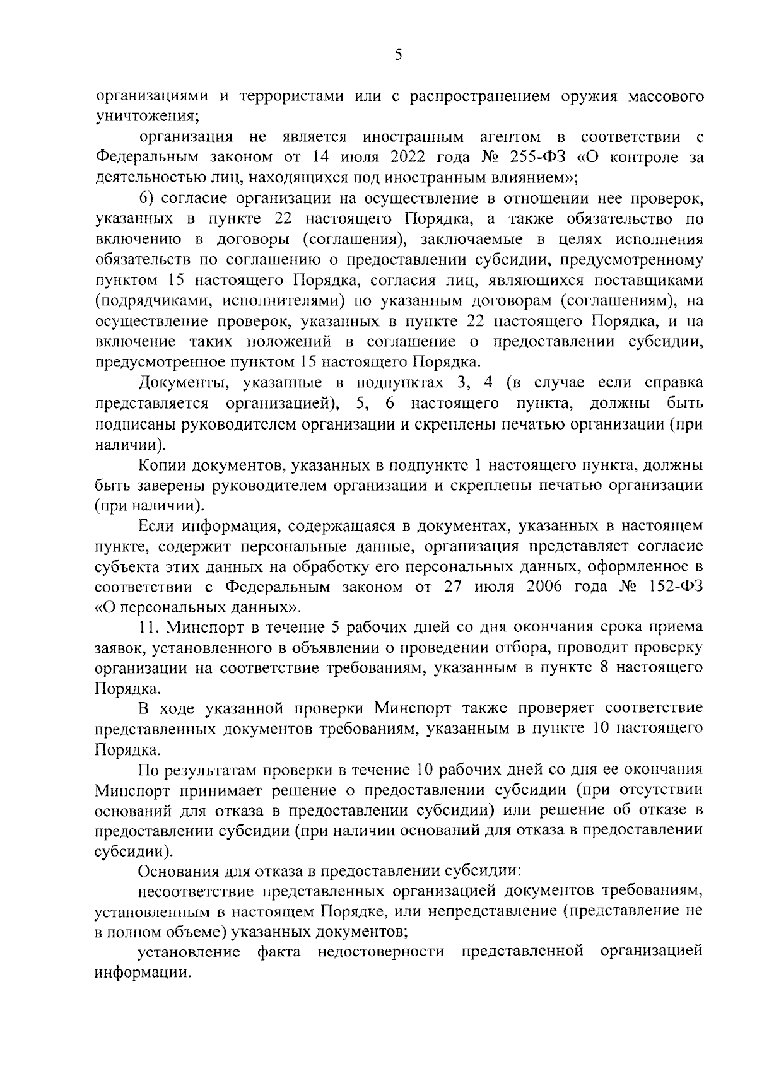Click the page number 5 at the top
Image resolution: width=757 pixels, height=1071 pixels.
398,55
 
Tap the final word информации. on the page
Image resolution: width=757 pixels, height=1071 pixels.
142,973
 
